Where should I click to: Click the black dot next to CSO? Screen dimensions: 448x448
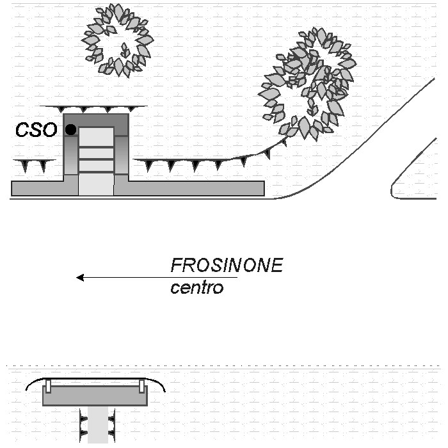click(x=70, y=129)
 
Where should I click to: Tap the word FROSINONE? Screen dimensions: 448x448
click(x=227, y=266)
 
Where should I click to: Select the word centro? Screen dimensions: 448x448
click(x=197, y=287)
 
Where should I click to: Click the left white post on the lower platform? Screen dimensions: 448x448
click(x=48, y=386)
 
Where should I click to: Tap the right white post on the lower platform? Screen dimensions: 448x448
click(x=141, y=386)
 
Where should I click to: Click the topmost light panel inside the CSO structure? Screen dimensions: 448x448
click(x=96, y=137)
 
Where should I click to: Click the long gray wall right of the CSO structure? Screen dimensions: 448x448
click(x=196, y=188)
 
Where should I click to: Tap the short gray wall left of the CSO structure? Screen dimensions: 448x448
click(x=38, y=188)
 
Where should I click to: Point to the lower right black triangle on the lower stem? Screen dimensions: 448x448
click(x=111, y=433)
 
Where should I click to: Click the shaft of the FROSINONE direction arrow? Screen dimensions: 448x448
click(x=160, y=278)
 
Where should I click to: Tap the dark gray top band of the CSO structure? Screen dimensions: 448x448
click(x=96, y=120)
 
